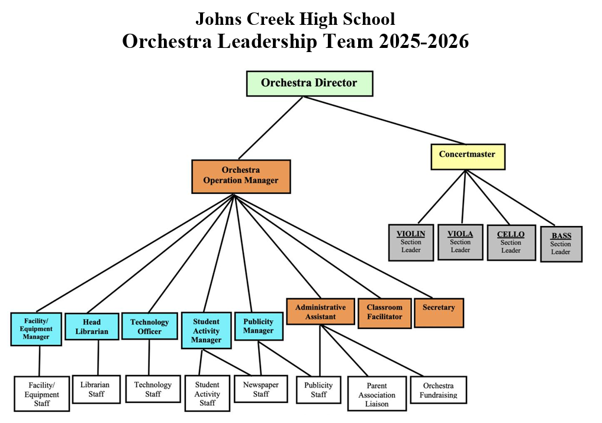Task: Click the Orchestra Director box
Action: click(x=310, y=83)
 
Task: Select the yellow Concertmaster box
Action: click(x=468, y=157)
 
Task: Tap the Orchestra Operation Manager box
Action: click(x=241, y=176)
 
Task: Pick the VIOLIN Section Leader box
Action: click(x=411, y=243)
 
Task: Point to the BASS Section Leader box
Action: click(x=561, y=244)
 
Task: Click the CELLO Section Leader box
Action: click(x=511, y=243)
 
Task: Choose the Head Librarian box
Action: click(x=92, y=327)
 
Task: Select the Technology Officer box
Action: click(x=149, y=326)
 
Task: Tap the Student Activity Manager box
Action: click(x=206, y=331)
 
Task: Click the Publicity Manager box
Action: click(x=259, y=326)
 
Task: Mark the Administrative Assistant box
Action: click(x=320, y=312)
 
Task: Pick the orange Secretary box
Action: click(x=439, y=313)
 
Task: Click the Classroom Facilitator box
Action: click(x=384, y=313)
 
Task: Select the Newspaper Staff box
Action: click(x=260, y=389)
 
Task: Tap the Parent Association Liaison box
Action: click(x=377, y=393)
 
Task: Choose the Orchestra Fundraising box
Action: click(x=439, y=390)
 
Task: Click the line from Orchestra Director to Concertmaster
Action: click(x=384, y=121)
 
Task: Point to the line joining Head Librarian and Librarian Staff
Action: click(x=98, y=357)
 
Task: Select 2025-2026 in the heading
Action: click(x=424, y=41)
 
